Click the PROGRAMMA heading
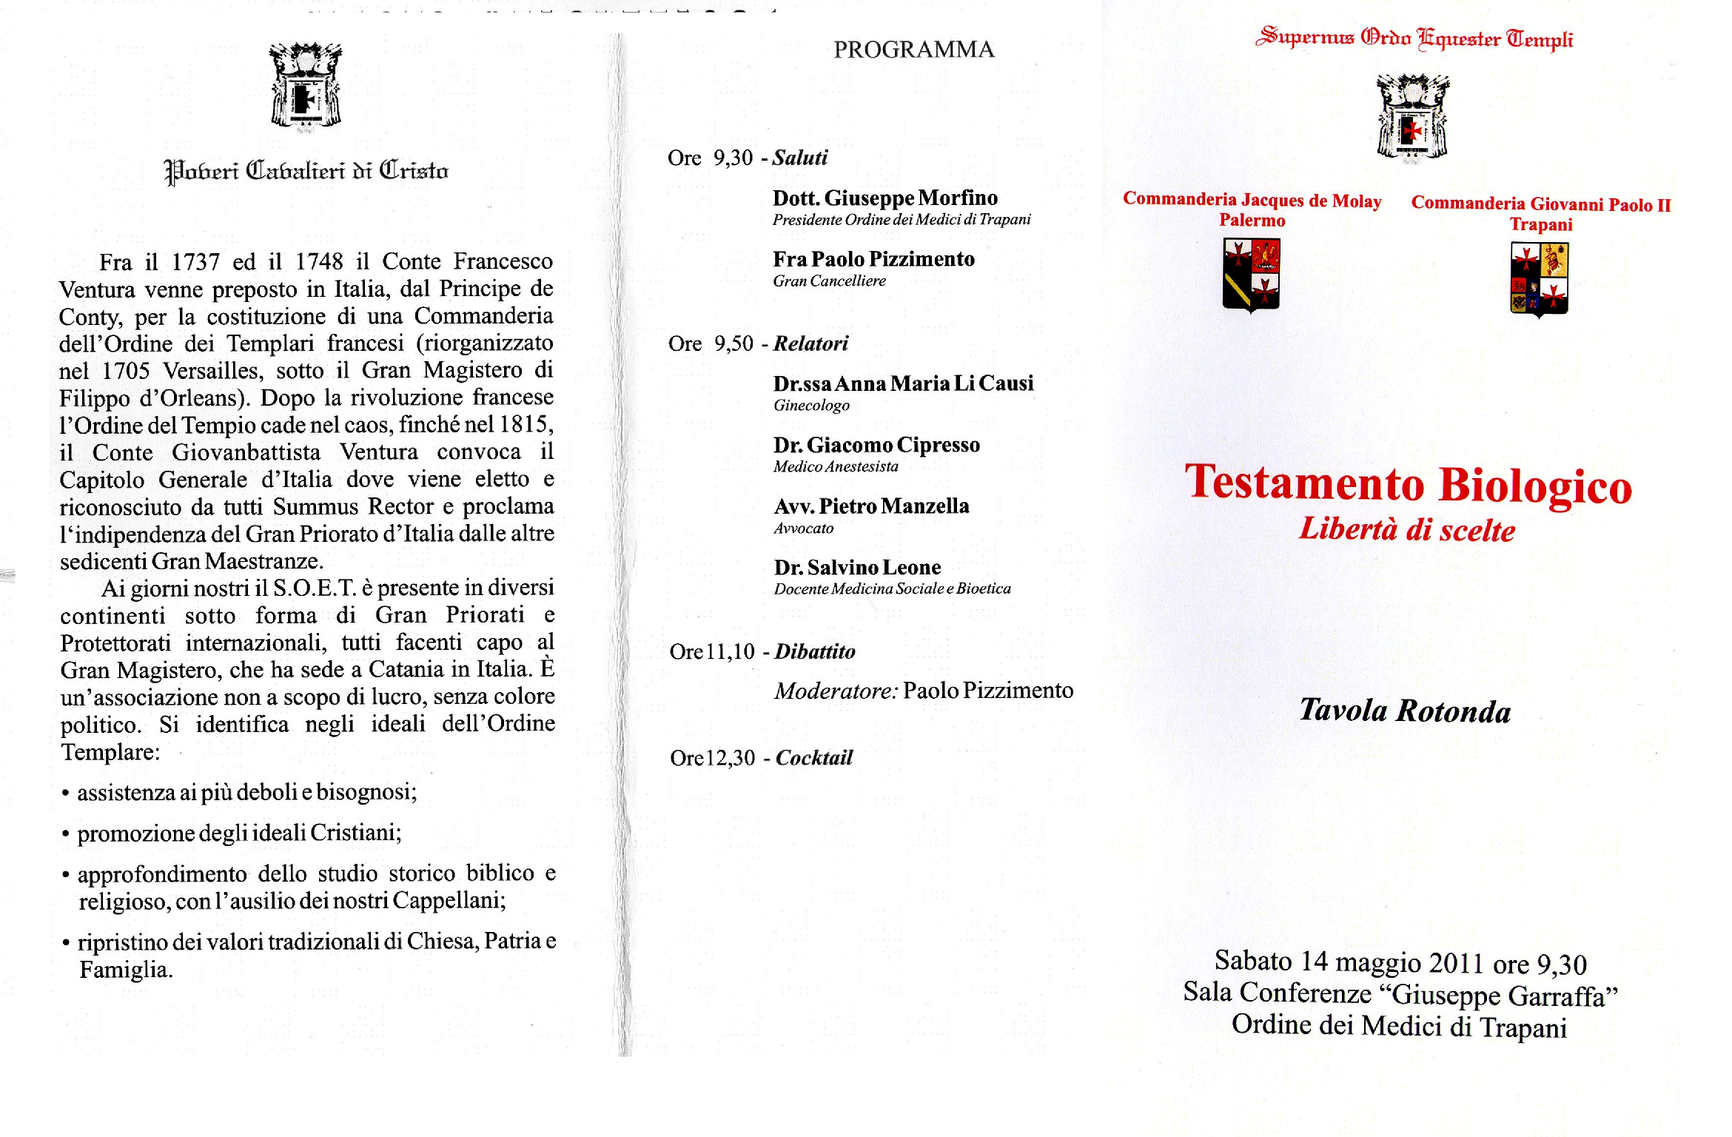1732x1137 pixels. click(x=913, y=50)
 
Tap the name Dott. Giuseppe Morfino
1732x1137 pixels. click(x=885, y=198)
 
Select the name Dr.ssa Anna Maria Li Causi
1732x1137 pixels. click(x=903, y=383)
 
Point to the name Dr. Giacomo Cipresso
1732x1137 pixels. click(x=876, y=445)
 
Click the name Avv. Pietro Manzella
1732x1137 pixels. click(x=871, y=506)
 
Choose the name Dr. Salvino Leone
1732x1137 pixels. click(x=857, y=568)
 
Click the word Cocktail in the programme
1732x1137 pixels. click(x=813, y=758)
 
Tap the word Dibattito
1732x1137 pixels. click(x=814, y=651)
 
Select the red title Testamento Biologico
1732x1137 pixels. click(x=1408, y=485)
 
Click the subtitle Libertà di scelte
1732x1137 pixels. click(x=1407, y=530)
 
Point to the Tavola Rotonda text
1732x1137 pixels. click(x=1405, y=711)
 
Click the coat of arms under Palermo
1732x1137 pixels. click(x=1251, y=274)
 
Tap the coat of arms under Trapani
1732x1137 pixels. click(x=1539, y=279)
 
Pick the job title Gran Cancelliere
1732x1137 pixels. click(x=829, y=281)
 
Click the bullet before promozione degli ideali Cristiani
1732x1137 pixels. click(x=66, y=835)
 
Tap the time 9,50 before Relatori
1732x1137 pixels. click(x=733, y=343)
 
